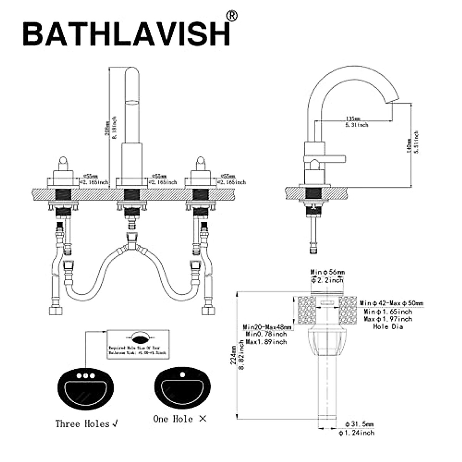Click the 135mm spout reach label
pos(353,118)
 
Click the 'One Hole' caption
pos(173,419)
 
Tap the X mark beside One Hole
pos(203,419)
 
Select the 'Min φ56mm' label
pos(328,273)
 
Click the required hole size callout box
pos(138,344)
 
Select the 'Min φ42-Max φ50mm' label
pos(391,303)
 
